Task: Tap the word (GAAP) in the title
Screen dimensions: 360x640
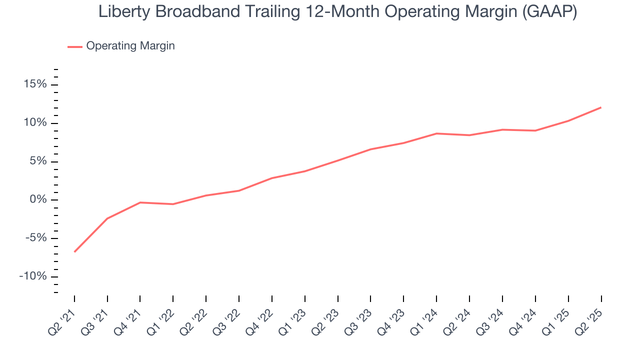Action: pos(549,12)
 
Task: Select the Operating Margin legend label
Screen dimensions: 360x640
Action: pos(130,46)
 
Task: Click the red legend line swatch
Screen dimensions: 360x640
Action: pos(75,46)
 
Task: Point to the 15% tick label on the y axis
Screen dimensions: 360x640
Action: pos(35,84)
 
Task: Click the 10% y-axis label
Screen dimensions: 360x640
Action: pos(35,123)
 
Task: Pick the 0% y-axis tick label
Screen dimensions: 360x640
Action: pos(38,200)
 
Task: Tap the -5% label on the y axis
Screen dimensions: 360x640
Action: pos(35,238)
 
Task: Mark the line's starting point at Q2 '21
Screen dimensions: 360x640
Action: pos(74,251)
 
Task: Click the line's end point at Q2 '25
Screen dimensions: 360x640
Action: pos(601,107)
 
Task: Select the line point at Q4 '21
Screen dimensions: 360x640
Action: pos(140,202)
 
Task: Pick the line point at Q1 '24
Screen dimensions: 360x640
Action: pos(436,133)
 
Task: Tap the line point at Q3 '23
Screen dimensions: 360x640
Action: pos(370,149)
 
